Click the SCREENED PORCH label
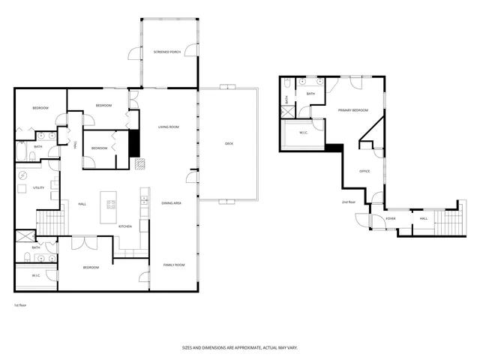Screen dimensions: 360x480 [166, 52]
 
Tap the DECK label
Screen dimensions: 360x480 [229, 143]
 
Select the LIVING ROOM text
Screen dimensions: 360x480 [168, 127]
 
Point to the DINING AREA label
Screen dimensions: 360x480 [172, 203]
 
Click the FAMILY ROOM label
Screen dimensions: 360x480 [174, 265]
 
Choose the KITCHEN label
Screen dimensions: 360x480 [125, 226]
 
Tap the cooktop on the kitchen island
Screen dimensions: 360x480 [112, 203]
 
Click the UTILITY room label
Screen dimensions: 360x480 [39, 187]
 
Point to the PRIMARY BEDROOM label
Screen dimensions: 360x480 [352, 110]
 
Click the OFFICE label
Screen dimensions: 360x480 [364, 171]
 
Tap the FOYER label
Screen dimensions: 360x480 [391, 218]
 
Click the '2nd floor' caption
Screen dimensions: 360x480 [349, 202]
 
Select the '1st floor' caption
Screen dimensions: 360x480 [20, 306]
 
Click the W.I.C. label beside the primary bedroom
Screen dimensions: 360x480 [304, 133]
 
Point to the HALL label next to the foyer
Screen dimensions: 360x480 [424, 218]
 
